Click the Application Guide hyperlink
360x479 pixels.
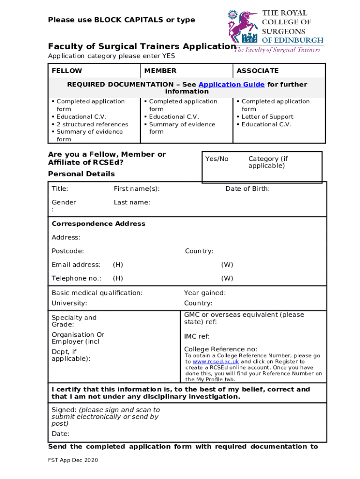point(231,85)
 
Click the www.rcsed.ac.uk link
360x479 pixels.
point(216,362)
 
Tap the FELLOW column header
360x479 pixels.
point(67,71)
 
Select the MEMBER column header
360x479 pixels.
point(160,71)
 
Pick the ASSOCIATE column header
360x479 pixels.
point(257,71)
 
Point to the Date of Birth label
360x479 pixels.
point(247,189)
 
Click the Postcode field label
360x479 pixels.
point(68,251)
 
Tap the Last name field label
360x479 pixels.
point(132,203)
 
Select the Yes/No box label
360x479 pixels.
point(217,159)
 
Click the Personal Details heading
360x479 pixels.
point(81,174)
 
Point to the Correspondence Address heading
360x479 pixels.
point(98,224)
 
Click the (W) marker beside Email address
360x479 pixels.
point(227,265)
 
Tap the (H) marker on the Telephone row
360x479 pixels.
point(118,278)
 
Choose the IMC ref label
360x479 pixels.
point(197,336)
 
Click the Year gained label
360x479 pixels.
point(205,293)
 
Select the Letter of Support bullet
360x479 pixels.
point(267,117)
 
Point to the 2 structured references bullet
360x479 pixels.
point(92,124)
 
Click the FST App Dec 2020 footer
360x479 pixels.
point(73,461)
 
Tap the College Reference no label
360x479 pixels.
point(220,349)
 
